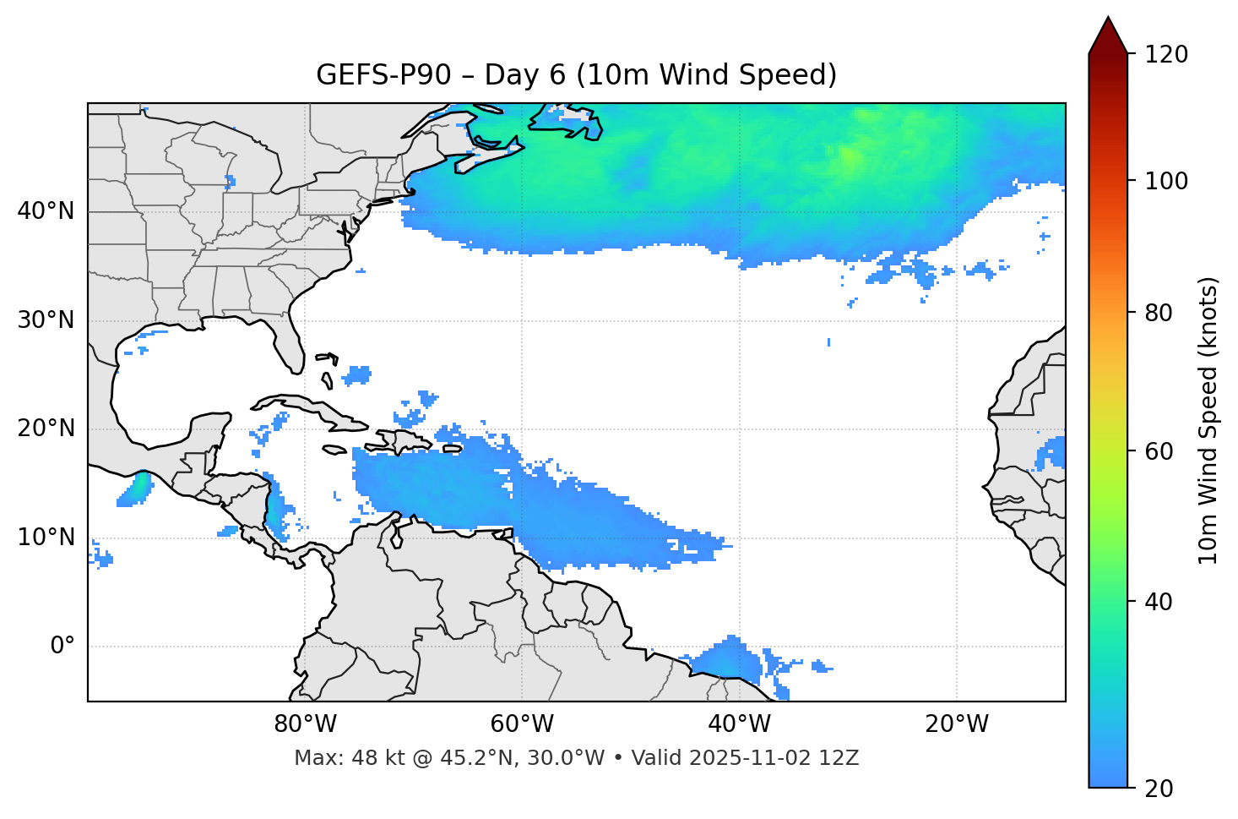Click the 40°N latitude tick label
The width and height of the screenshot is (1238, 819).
pyautogui.click(x=46, y=211)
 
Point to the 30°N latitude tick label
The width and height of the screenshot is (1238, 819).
pyautogui.click(x=46, y=320)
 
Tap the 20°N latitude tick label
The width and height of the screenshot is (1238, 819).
pyautogui.click(x=46, y=429)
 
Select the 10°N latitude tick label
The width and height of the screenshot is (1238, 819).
pyautogui.click(x=46, y=538)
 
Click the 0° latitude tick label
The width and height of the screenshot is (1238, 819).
pyautogui.click(x=62, y=647)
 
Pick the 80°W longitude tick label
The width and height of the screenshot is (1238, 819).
pyautogui.click(x=305, y=724)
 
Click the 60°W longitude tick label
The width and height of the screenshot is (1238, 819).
pyautogui.click(x=522, y=724)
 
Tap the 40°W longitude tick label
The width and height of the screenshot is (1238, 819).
pyautogui.click(x=739, y=724)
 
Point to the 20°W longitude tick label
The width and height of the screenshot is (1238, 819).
pyautogui.click(x=957, y=724)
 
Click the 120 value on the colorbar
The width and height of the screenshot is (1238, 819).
pyautogui.click(x=1166, y=55)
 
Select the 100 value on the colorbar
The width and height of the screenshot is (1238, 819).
pyautogui.click(x=1166, y=181)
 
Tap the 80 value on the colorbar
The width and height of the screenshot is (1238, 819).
pyautogui.click(x=1160, y=313)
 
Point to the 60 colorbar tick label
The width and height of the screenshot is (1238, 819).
pyautogui.click(x=1160, y=451)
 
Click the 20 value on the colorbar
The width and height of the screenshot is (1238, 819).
pyautogui.click(x=1160, y=789)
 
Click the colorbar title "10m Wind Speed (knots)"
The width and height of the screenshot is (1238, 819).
pyautogui.click(x=1208, y=420)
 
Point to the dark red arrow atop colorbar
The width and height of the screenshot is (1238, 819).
pyautogui.click(x=1108, y=36)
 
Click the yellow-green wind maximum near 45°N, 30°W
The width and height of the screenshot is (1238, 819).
pyautogui.click(x=849, y=156)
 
